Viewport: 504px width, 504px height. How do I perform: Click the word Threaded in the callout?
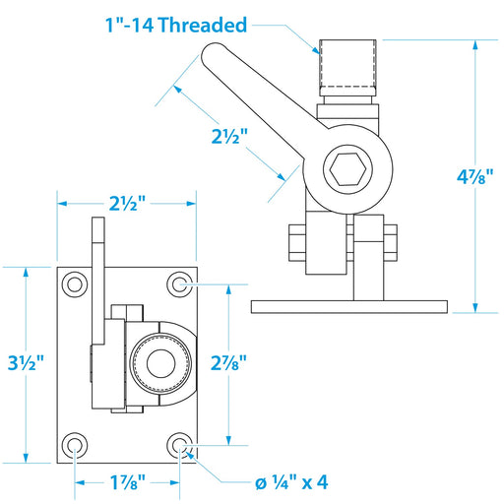203,25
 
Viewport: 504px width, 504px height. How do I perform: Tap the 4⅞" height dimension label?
475,177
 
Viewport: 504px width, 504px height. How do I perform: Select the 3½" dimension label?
26,363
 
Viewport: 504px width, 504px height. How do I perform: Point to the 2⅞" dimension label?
228,363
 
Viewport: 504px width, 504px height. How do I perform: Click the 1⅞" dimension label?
127,482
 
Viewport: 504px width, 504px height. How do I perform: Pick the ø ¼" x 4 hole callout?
291,482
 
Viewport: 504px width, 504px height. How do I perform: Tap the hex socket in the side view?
347,169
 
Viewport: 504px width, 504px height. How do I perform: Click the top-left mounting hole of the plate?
75,284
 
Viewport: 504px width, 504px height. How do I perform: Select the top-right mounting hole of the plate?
179,284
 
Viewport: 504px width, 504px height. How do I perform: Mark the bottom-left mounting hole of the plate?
75,445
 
